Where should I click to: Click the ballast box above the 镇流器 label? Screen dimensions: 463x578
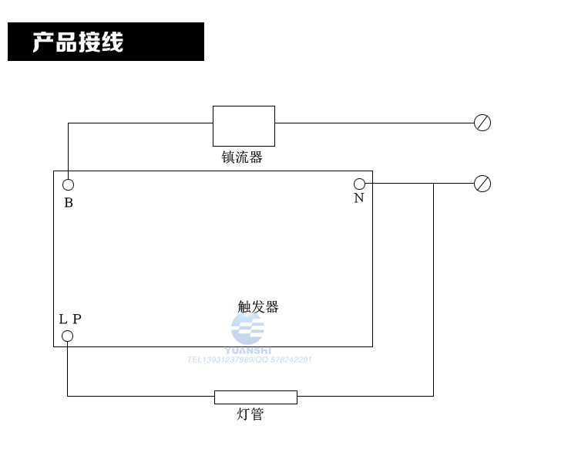pos(244,126)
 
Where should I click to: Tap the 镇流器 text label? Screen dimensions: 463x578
pos(242,157)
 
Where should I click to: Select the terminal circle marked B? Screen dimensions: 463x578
pos(68,184)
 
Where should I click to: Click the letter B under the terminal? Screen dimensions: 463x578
pos(69,203)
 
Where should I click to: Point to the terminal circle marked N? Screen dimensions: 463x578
pos(359,184)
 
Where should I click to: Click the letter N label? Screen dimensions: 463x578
pos(359,198)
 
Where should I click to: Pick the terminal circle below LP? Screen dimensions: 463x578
pos(67,336)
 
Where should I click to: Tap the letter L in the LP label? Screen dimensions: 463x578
pos(63,319)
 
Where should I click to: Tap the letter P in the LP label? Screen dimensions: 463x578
pos(76,319)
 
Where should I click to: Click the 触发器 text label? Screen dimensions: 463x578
pos(258,306)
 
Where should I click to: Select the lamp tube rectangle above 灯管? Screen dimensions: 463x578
pos(255,397)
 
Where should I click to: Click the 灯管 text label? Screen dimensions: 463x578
pos(250,414)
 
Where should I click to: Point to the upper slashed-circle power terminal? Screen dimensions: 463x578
pos(482,123)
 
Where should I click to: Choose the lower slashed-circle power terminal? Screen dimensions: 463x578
pos(482,184)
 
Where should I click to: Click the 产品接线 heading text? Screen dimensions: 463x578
pos(78,42)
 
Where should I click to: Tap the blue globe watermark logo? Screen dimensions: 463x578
pos(247,329)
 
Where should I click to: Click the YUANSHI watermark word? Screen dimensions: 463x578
pos(248,350)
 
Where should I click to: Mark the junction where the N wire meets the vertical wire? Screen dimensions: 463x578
pos(433,184)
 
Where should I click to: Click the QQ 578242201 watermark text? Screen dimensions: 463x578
pos(284,360)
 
